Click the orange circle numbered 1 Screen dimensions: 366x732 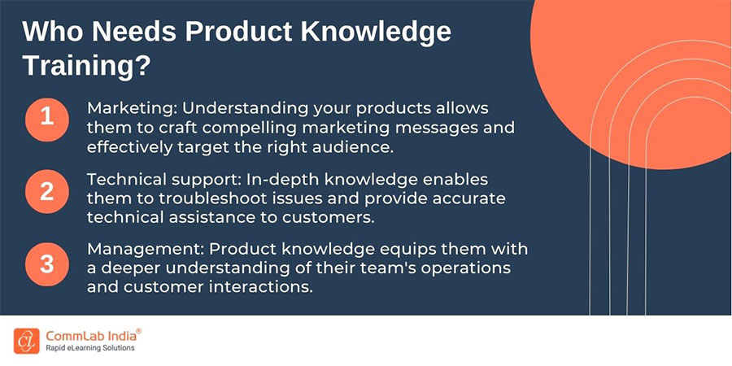(47, 117)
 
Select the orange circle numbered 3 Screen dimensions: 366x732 (47, 264)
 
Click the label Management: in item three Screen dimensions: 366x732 (136, 247)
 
